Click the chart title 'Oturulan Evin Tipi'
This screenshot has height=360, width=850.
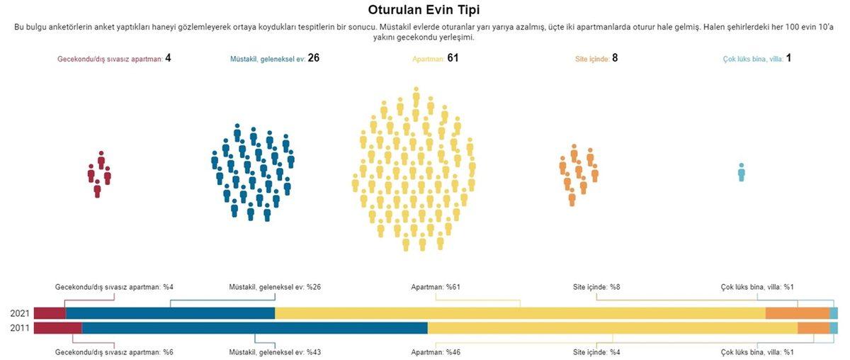[x=424, y=10]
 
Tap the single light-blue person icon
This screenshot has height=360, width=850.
[x=741, y=172]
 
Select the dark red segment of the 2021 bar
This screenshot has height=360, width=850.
[x=50, y=313]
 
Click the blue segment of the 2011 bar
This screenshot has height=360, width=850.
[x=255, y=327]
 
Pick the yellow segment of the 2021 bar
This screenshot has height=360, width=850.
[x=521, y=313]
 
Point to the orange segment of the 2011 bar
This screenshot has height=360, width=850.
[x=813, y=327]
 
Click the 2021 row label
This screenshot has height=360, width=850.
[x=20, y=313]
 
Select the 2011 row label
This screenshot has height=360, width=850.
[x=20, y=327]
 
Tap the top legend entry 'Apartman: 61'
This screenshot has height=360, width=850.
[x=436, y=58]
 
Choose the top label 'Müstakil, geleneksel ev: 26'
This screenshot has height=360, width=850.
[x=275, y=58]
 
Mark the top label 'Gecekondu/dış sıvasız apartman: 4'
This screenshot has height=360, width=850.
[x=114, y=58]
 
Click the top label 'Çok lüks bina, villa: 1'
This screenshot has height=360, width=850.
[x=758, y=58]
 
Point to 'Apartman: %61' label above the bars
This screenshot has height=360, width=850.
[x=436, y=287]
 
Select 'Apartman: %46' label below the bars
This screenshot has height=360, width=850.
[x=436, y=352]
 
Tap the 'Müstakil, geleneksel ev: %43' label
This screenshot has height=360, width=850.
[x=275, y=352]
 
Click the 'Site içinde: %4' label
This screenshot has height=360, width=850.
[x=596, y=352]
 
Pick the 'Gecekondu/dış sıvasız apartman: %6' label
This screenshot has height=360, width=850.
[x=114, y=352]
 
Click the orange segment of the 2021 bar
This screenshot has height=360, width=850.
[x=798, y=313]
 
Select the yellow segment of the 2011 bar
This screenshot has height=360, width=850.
[x=613, y=327]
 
